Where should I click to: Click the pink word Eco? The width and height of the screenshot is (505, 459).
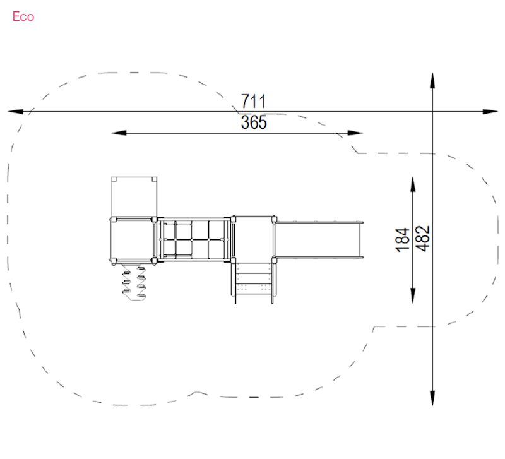tap(23, 17)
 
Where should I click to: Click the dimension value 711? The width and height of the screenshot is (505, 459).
tap(254, 102)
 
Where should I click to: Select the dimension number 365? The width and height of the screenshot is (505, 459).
tap(254, 122)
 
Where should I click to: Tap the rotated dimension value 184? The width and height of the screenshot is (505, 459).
tap(403, 240)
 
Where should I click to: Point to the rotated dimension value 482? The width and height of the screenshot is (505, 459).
tap(422, 239)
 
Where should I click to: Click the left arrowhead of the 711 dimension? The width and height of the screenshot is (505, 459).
tap(15, 112)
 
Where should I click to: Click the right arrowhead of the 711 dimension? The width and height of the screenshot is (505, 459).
tap(490, 112)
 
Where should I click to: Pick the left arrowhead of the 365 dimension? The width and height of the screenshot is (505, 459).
tap(119, 133)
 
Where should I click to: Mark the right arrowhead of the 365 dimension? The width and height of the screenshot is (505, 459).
tap(355, 133)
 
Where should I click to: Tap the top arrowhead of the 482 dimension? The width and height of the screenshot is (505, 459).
tap(432, 80)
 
